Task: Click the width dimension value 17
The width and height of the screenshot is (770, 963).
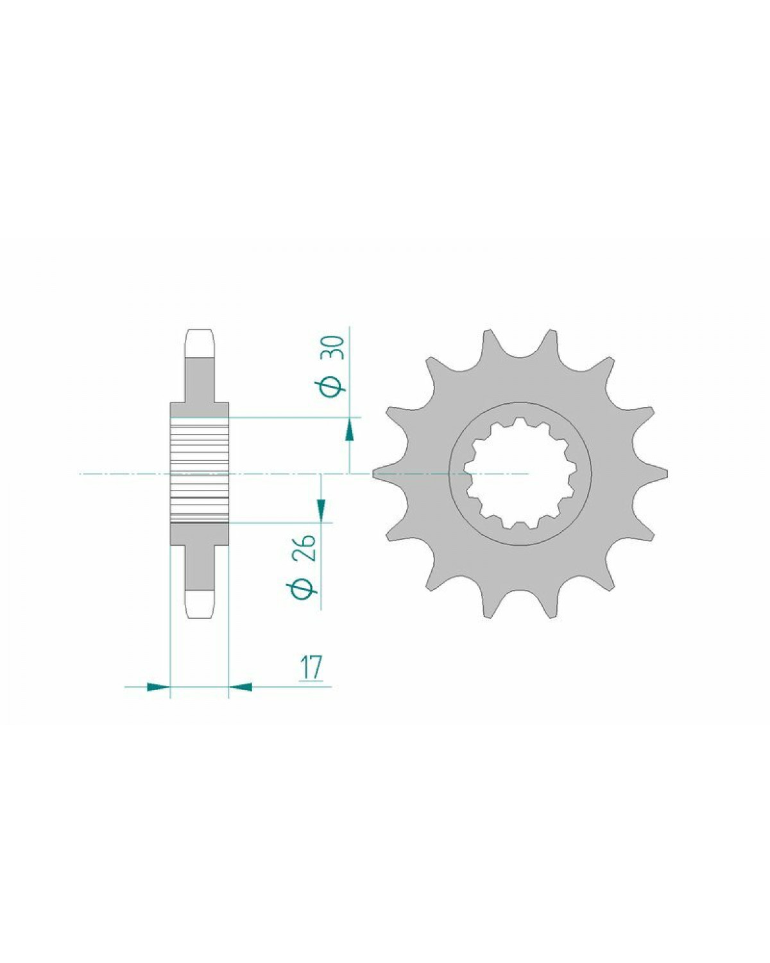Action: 311,668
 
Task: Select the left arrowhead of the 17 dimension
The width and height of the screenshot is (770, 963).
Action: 158,699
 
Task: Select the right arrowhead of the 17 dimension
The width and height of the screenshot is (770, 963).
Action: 241,699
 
